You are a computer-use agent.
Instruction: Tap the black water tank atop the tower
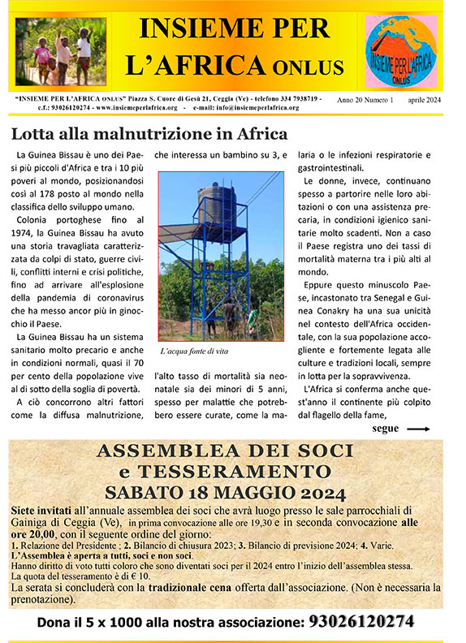[x=215, y=202]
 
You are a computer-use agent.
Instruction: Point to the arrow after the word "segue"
[x=417, y=429]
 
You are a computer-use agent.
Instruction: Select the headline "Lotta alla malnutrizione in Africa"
[x=149, y=133]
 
